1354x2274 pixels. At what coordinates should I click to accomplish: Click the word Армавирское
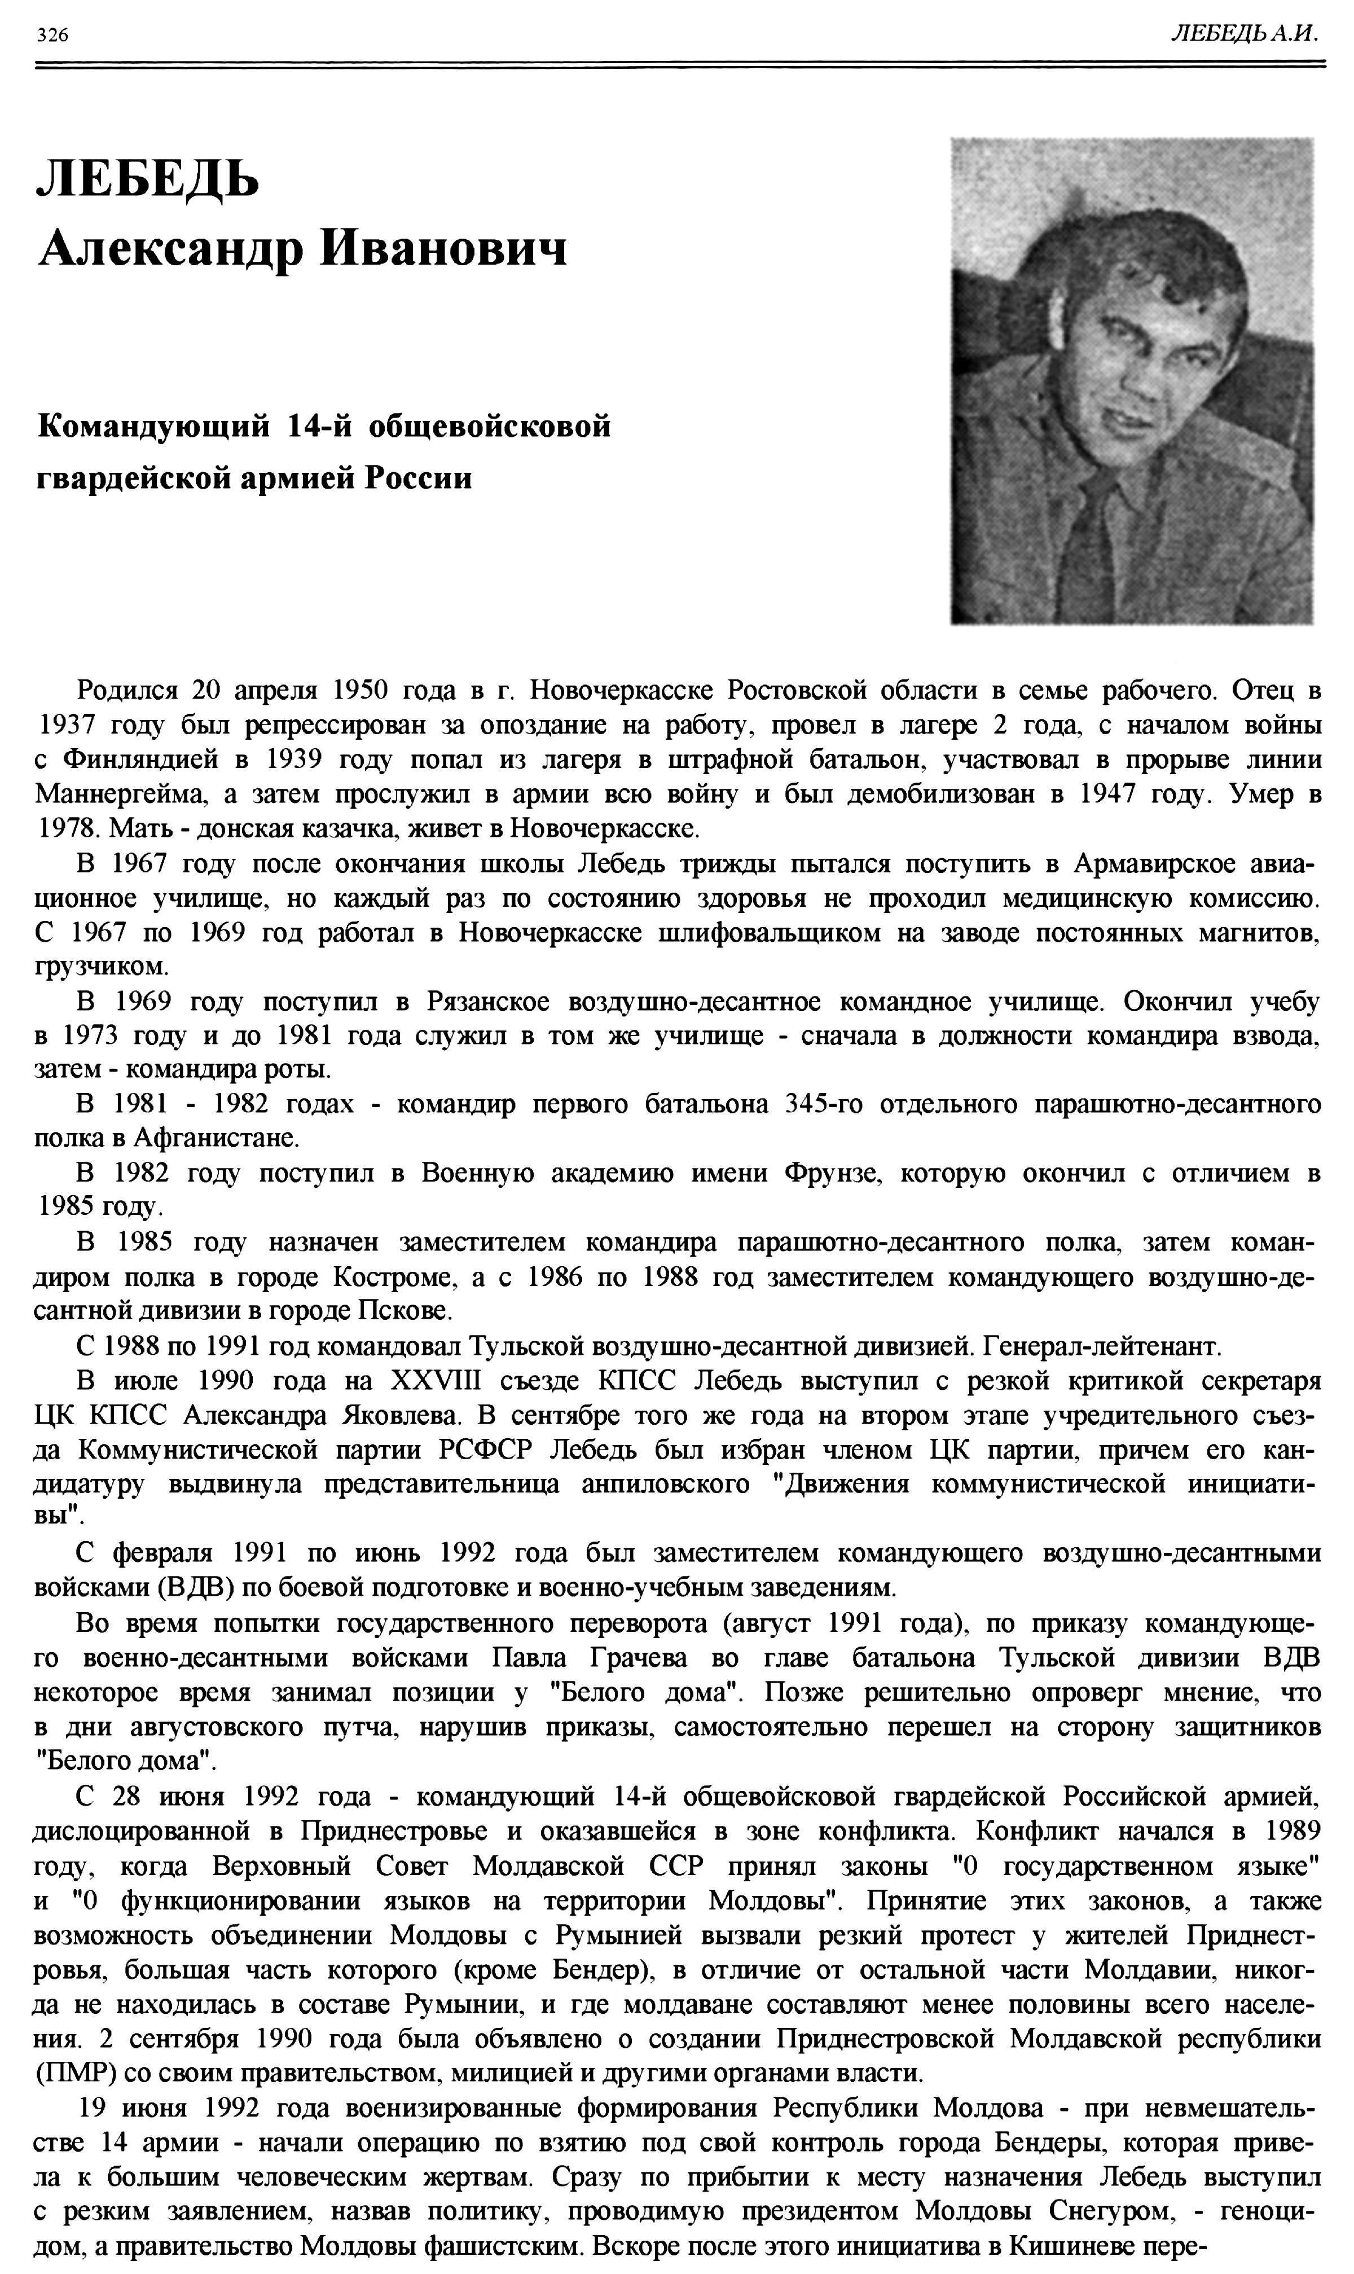click(1160, 863)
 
